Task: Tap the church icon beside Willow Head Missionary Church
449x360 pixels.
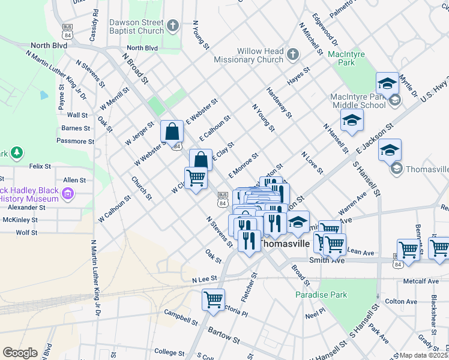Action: (293, 55)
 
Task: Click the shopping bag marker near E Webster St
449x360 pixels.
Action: (172, 131)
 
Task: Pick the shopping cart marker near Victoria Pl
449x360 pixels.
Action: (213, 299)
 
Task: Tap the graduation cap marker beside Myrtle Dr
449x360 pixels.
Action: (388, 83)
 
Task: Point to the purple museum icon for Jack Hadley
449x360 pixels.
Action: (68, 193)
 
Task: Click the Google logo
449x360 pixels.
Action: (19, 352)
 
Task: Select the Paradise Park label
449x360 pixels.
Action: (321, 295)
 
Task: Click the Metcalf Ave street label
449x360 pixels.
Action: (421, 281)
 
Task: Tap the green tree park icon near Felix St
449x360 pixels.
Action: (17, 152)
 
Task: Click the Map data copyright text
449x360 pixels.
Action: (423, 355)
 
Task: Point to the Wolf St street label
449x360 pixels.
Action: (26, 232)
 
